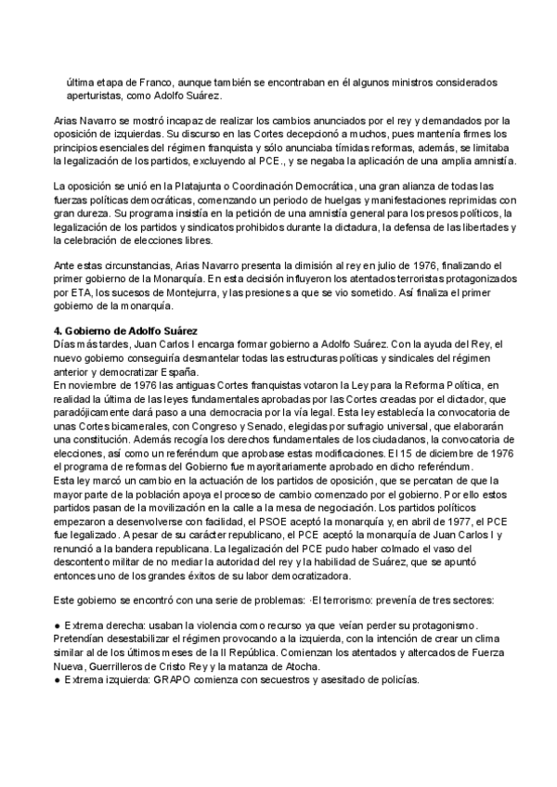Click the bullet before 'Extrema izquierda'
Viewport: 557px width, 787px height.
coord(58,679)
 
